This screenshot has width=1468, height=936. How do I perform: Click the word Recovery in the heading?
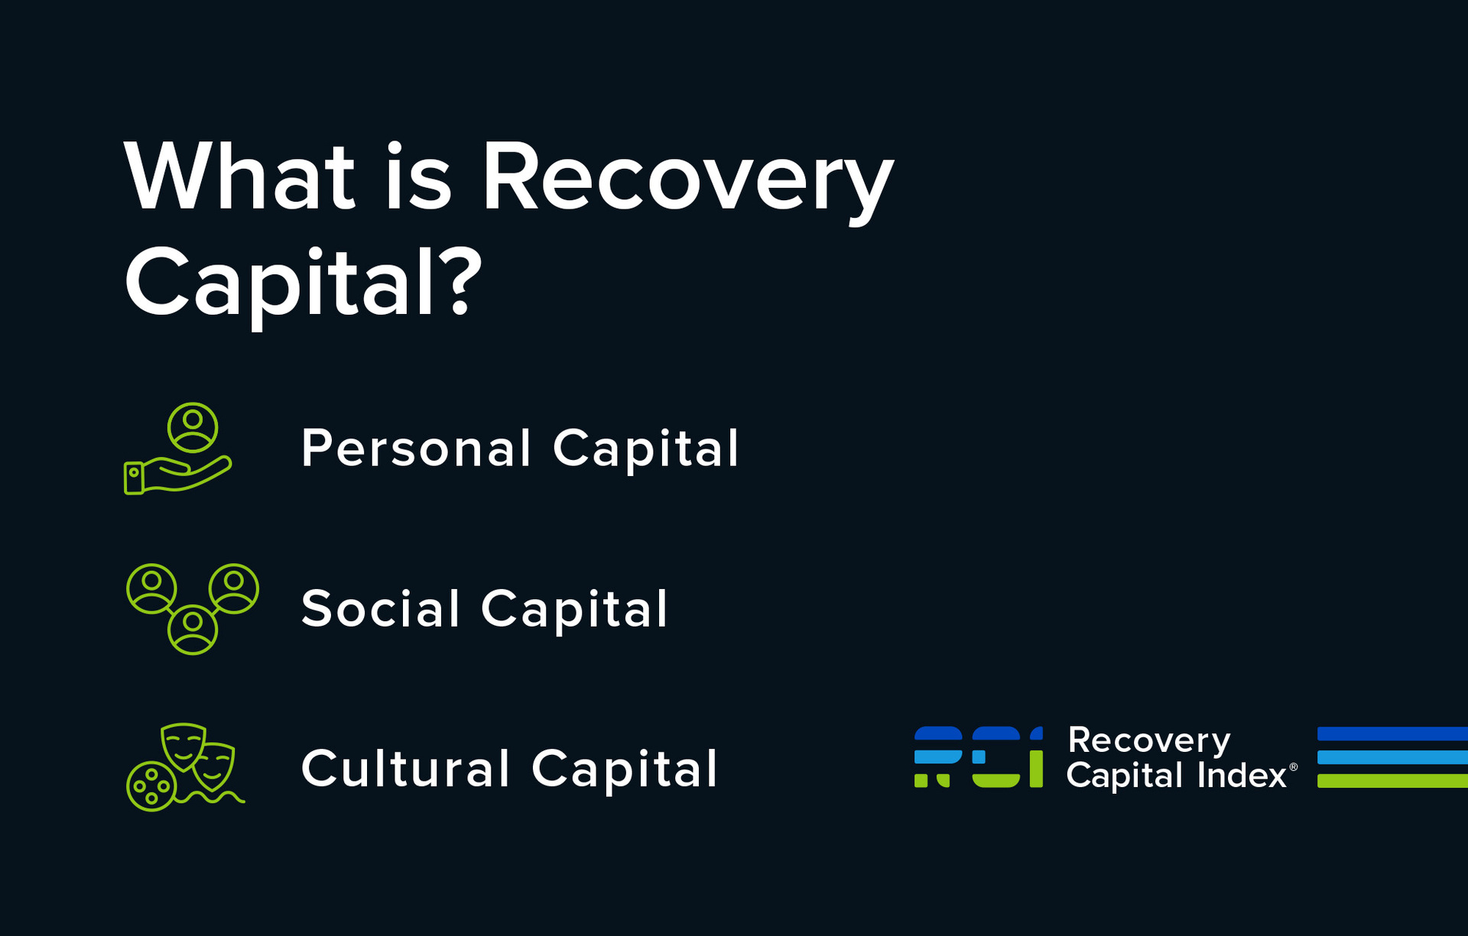point(687,177)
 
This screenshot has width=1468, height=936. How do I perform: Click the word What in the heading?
point(239,177)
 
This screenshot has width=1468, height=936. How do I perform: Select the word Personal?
point(415,449)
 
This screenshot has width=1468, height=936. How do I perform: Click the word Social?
point(380,609)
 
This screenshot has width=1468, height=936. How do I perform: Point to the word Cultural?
point(405,769)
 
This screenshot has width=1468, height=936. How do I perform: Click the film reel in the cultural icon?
point(151,785)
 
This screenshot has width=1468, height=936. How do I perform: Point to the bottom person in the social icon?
point(193,629)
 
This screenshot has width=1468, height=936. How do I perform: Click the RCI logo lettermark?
point(978,756)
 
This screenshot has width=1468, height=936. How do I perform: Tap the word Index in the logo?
point(1242,776)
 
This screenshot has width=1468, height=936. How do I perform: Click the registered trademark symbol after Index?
point(1294,766)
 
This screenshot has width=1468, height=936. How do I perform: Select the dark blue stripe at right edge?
point(1392,734)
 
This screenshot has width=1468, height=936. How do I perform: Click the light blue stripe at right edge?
point(1392,757)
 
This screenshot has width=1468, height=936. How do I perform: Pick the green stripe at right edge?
point(1392,781)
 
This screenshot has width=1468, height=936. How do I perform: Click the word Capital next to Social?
point(574,609)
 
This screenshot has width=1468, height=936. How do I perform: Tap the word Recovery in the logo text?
point(1148,740)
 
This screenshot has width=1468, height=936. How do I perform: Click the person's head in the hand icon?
point(193,419)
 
